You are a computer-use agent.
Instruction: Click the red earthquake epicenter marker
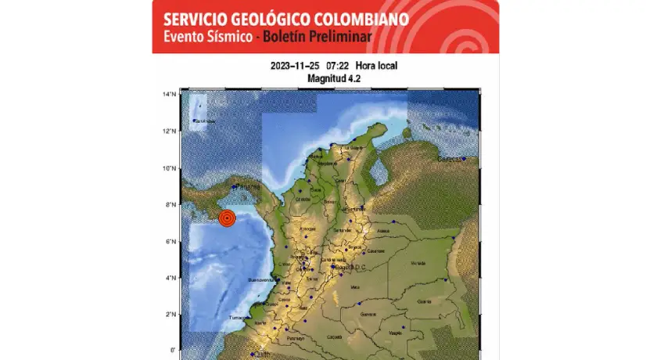[x=227, y=219]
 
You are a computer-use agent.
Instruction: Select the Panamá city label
[x=248, y=187]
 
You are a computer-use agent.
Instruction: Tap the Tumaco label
[x=237, y=319]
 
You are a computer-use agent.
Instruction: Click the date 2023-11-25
[x=294, y=67]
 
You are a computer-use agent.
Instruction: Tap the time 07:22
[x=339, y=67]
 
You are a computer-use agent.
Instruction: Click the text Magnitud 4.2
[x=328, y=79]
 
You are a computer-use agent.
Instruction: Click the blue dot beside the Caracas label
[x=464, y=159]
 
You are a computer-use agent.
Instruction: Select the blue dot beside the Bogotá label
[x=333, y=266]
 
